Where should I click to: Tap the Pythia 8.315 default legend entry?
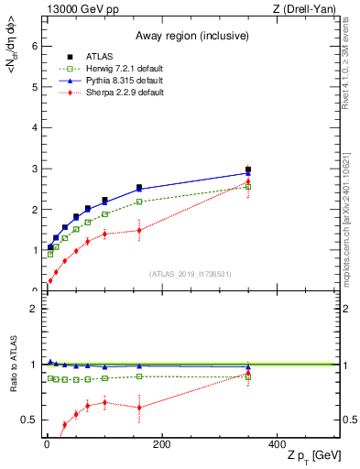[105, 82]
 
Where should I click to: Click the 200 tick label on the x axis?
[161, 444]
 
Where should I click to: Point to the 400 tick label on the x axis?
[276, 444]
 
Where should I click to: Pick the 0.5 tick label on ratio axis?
[29, 420]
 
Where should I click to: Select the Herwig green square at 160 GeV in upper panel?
[139, 202]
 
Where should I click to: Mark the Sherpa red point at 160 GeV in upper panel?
[139, 230]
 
